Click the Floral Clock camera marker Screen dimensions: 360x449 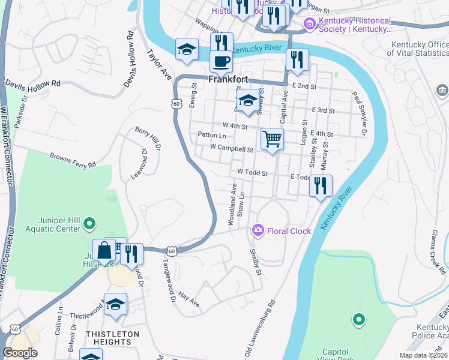[258, 230]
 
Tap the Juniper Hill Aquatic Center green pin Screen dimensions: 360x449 [89, 224]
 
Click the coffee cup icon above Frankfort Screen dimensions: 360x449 [221, 61]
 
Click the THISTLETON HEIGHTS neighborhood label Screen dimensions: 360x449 [112, 338]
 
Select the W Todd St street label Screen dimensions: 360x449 [252, 173]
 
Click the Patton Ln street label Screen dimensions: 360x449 [211, 136]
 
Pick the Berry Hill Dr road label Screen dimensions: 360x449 [148, 138]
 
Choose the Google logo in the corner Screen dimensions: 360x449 [20, 353]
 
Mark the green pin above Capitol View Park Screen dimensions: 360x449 [358, 320]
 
